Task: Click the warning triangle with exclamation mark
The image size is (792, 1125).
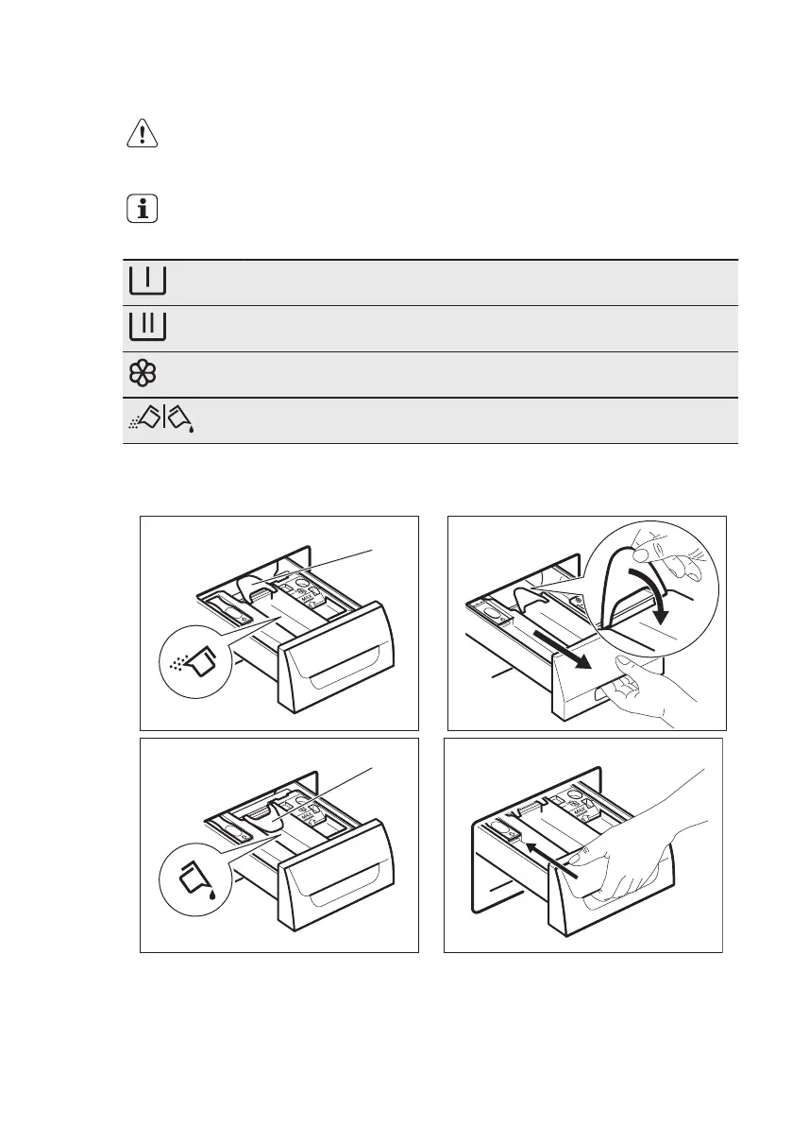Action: (x=142, y=135)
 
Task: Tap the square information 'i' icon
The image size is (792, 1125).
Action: (x=142, y=210)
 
